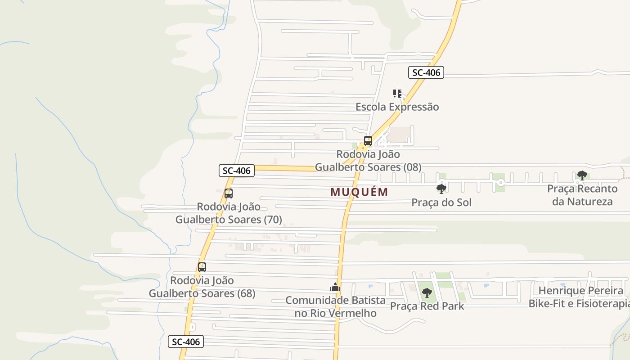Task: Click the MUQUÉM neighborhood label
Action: (359, 192)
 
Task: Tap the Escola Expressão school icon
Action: (397, 94)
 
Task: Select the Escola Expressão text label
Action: (397, 107)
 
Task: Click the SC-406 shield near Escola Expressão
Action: (426, 72)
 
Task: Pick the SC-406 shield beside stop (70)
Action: (237, 171)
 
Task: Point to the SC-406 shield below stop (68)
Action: (186, 342)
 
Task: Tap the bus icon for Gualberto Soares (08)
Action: (368, 140)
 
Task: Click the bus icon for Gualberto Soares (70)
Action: (229, 193)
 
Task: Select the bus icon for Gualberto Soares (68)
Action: (202, 267)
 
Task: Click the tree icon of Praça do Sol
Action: (441, 189)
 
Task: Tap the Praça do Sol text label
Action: (441, 202)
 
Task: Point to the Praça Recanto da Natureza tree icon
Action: (582, 175)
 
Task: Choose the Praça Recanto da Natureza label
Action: (582, 195)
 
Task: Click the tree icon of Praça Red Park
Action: (427, 293)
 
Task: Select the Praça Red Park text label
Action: (427, 306)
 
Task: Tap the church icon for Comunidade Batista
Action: (335, 287)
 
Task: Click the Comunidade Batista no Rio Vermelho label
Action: (335, 306)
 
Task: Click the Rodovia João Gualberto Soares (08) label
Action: (368, 161)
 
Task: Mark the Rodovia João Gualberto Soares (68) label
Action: (202, 287)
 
